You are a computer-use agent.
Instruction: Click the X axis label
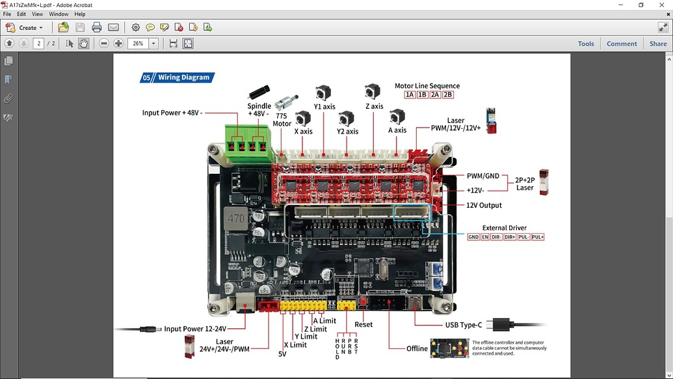tap(303, 132)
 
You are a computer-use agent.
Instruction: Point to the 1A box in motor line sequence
tap(410, 95)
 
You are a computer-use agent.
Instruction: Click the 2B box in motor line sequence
tap(447, 95)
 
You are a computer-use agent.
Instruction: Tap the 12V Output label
tap(484, 205)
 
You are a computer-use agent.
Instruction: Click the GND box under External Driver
tap(473, 237)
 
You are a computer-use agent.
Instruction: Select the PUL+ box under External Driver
tap(537, 237)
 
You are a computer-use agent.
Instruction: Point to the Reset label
tap(363, 324)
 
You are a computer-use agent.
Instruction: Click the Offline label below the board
tap(417, 348)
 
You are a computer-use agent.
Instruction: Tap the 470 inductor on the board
tap(236, 219)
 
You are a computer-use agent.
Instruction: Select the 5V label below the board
tap(282, 354)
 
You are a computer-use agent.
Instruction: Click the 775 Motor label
tap(282, 120)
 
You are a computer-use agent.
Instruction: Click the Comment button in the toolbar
tap(621, 44)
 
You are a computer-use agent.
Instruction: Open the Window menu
tap(59, 14)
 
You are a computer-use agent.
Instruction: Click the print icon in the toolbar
tap(97, 27)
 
